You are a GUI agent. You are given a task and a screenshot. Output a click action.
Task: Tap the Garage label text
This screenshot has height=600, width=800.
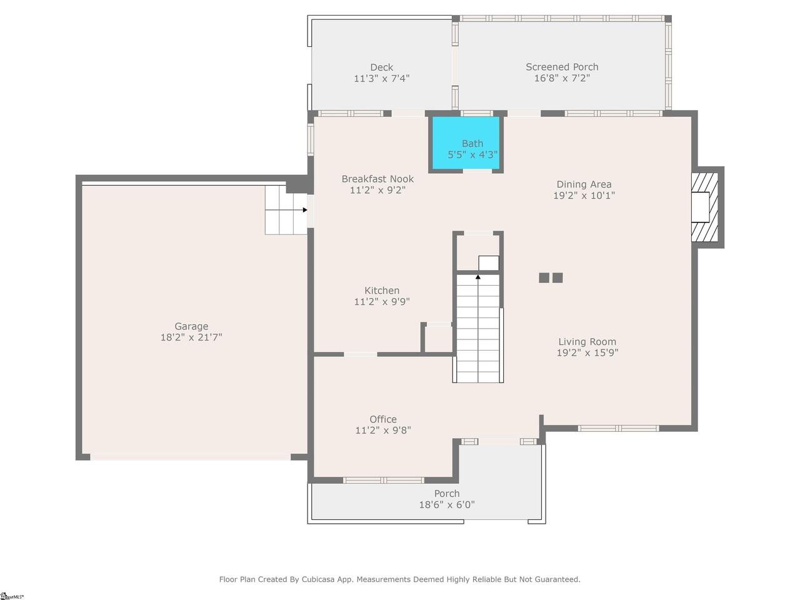click(191, 326)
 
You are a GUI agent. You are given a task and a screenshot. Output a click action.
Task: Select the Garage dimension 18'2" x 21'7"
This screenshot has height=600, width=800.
click(191, 337)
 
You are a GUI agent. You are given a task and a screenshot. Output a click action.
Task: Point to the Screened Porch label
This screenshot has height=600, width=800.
click(562, 67)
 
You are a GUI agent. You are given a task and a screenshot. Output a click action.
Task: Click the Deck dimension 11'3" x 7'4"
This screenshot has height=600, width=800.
click(382, 78)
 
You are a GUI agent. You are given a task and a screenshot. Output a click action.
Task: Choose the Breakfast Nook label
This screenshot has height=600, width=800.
click(377, 179)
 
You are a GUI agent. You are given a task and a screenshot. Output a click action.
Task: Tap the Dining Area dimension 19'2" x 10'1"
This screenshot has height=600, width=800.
click(584, 196)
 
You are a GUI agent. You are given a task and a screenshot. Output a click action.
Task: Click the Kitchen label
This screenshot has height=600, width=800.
click(382, 291)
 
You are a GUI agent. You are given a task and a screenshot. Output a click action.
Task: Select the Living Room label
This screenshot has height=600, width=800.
click(587, 342)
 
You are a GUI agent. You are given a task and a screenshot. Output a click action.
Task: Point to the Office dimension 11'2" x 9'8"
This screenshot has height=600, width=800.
click(383, 430)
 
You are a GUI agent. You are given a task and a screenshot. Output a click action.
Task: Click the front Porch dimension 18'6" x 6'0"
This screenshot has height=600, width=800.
click(447, 504)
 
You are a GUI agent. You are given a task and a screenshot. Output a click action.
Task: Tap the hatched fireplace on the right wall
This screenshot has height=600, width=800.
click(704, 207)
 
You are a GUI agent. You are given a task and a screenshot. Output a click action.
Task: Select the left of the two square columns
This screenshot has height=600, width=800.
click(544, 277)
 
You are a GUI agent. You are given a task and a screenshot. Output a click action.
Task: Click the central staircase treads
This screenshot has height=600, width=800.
click(478, 329)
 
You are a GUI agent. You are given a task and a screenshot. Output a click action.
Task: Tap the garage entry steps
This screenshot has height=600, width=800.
click(286, 210)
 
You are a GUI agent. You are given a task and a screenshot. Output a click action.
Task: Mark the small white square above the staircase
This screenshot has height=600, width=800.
click(489, 263)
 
